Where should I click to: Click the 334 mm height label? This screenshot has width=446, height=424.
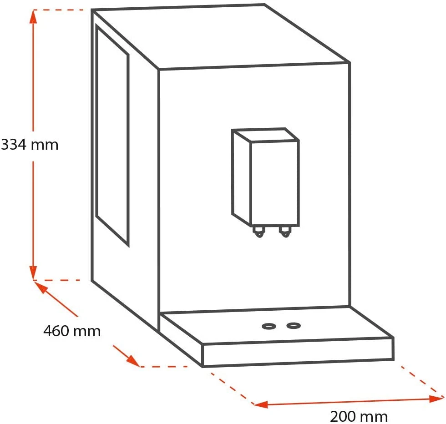coord(30,145)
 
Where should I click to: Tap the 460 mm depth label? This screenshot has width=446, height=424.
coord(72,331)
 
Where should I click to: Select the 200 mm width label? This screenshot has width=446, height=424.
coord(359,416)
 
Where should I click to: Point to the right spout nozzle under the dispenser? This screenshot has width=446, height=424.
coord(285,232)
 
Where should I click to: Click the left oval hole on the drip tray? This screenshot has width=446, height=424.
coord(268,326)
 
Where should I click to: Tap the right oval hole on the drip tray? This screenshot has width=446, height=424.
coord(294,325)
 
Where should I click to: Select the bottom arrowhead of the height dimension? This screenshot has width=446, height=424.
coord(33,274)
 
